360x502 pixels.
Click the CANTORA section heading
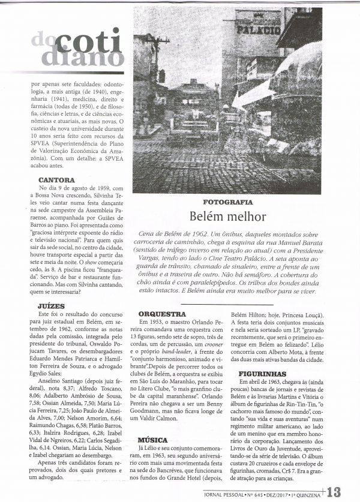[56, 180]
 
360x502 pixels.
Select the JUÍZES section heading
[51, 306]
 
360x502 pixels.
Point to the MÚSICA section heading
[152, 440]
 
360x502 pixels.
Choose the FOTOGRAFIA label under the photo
[227, 202]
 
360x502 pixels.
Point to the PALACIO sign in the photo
[259, 29]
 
